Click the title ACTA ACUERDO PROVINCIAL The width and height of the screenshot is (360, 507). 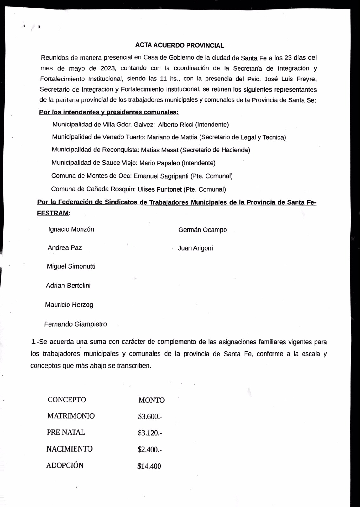[x=180, y=45]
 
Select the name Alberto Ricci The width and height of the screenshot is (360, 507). [x=175, y=125]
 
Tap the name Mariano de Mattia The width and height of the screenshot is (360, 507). [x=173, y=137]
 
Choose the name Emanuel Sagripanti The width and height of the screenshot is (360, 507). [x=161, y=176]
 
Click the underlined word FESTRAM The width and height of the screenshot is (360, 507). [x=53, y=213]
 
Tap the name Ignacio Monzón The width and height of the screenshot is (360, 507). [x=71, y=229]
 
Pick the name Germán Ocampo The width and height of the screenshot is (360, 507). [x=202, y=230]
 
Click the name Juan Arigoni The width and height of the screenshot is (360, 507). [x=195, y=248]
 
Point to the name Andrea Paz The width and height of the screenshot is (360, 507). [x=64, y=248]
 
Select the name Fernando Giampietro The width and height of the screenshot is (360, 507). [x=75, y=324]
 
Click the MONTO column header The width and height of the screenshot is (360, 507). [x=151, y=400]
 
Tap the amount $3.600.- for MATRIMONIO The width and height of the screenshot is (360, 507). [x=150, y=417]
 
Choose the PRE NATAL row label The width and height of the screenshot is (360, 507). [x=66, y=432]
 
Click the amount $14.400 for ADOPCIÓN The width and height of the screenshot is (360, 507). [x=149, y=466]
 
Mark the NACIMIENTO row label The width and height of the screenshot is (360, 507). [x=69, y=449]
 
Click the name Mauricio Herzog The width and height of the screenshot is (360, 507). [x=69, y=305]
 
